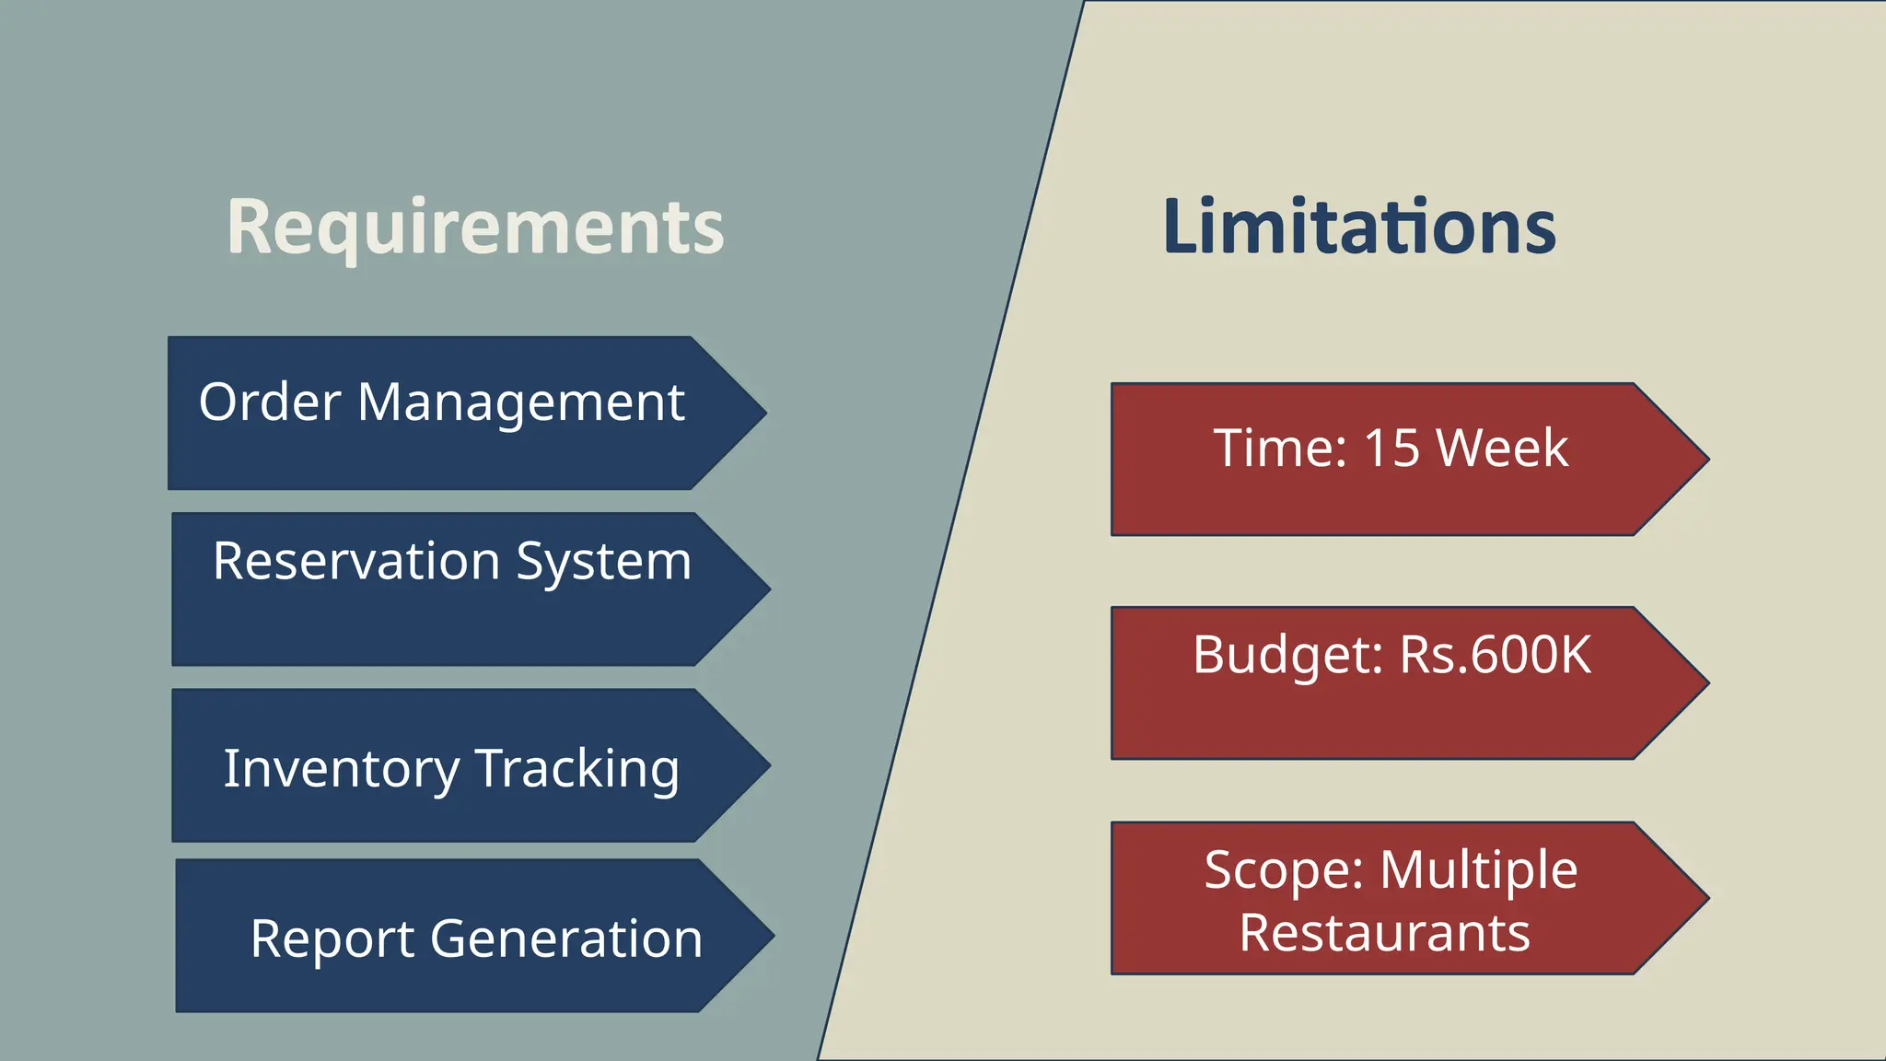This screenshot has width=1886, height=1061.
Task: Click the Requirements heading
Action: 475,227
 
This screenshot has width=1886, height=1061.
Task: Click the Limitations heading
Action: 1359,227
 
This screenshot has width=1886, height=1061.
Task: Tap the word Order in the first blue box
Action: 270,402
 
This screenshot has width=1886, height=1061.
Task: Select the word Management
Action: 520,402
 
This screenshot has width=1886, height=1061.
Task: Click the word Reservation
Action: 355,561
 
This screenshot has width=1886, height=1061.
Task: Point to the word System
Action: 603,562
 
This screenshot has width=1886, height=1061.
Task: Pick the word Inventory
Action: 341,768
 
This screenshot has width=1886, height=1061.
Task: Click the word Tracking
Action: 577,768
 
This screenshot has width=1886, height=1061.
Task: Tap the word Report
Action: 332,939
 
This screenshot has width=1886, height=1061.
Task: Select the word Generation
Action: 566,939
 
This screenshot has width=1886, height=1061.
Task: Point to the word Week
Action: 1502,449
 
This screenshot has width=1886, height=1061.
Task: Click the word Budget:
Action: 1287,655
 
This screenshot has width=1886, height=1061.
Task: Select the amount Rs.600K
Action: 1496,655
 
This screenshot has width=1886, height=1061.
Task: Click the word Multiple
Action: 1479,870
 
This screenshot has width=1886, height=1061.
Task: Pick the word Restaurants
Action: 1384,933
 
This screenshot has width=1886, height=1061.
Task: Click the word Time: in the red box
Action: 1280,449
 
